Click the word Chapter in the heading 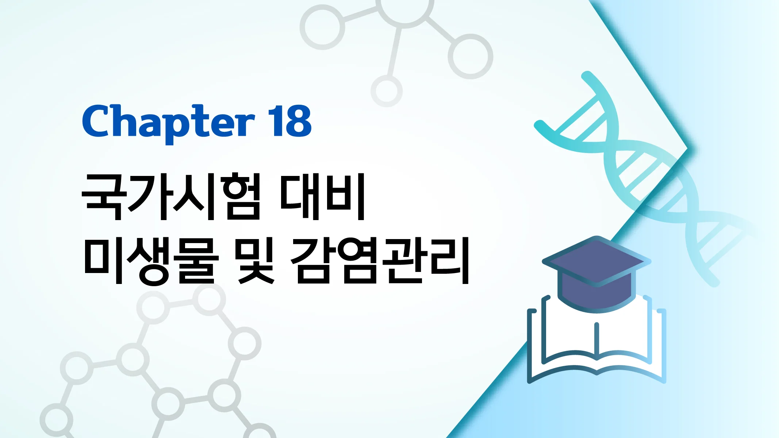pos(168,122)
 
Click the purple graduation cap pos(596,274)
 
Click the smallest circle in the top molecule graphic pos(386,91)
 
